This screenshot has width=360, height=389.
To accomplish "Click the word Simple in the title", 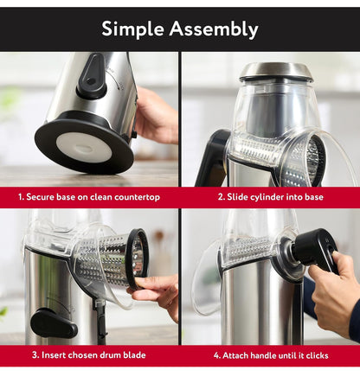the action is tap(133, 29).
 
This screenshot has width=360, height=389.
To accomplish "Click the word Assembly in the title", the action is tap(214, 29).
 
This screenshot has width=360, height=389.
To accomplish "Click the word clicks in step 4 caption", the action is tap(317, 355).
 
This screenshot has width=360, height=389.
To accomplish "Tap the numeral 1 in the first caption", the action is tap(21, 197).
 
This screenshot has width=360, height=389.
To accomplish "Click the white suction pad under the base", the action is tap(84, 148).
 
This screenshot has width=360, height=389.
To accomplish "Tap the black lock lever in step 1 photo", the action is tap(92, 77).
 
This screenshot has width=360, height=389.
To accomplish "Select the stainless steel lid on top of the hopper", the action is tap(276, 71).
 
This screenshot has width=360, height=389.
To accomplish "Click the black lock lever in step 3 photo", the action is tap(54, 323).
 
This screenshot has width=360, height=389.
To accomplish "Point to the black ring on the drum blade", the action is tap(138, 258).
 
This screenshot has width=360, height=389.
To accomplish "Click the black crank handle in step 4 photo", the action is tap(316, 250).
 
